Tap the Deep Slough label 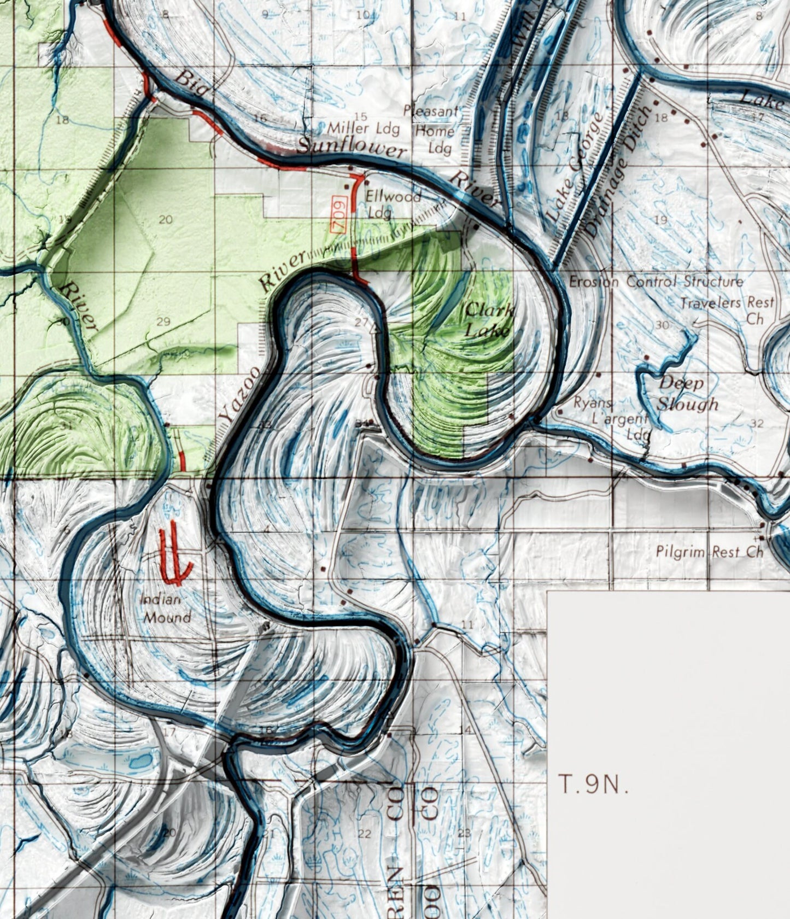687,394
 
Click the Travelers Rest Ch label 728,309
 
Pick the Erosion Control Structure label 656,282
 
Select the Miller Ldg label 364,129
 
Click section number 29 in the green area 163,321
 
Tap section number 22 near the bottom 364,834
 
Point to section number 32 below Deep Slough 757,423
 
